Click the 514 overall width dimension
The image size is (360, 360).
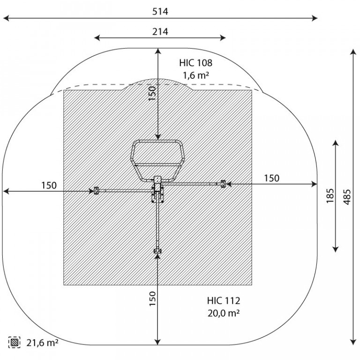160,11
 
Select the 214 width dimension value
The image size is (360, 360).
160,31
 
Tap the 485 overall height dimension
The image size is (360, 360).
347,197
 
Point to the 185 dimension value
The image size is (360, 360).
330,195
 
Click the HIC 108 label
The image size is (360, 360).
195,63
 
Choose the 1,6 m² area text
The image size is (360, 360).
195,75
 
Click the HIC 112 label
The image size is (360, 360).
224,300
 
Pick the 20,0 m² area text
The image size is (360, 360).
224,313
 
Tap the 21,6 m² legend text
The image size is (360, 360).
42,343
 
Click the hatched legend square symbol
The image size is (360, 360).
14,343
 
